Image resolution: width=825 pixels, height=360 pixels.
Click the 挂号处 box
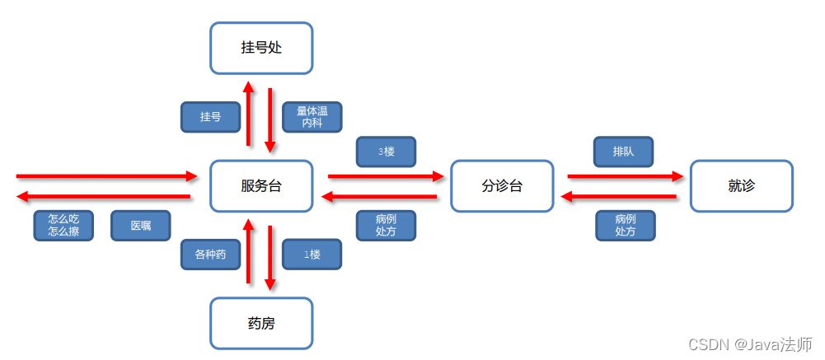(x=261, y=48)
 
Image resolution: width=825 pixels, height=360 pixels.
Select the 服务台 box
(x=261, y=185)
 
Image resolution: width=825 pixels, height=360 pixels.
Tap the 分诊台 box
(x=502, y=185)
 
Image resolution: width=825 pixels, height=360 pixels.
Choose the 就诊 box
(x=741, y=185)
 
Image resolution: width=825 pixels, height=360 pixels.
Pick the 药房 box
(x=261, y=323)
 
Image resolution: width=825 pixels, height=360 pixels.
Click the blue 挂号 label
(x=210, y=117)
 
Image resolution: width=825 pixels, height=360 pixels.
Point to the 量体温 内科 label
(x=312, y=117)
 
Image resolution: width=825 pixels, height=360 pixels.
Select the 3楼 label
(x=386, y=152)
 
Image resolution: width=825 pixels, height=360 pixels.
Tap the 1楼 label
(x=312, y=255)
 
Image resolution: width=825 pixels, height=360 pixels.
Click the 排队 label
(x=624, y=152)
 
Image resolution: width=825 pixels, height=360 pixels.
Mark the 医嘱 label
(x=141, y=226)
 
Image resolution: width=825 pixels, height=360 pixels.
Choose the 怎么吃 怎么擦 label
(x=63, y=226)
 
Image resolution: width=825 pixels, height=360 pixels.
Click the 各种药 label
(x=210, y=255)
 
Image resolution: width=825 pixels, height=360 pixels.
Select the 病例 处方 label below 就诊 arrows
(x=626, y=226)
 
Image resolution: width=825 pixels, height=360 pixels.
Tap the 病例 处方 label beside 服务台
(x=386, y=226)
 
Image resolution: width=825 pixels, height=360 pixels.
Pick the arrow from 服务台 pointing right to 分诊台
(x=386, y=175)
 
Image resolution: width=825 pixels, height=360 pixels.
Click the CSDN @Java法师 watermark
(x=750, y=344)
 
